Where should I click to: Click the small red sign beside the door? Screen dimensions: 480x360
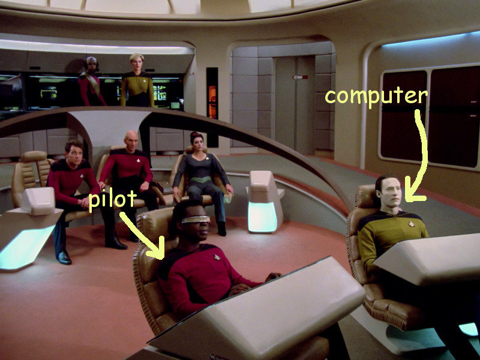point(296,77)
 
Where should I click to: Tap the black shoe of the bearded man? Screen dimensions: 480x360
point(64,257)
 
